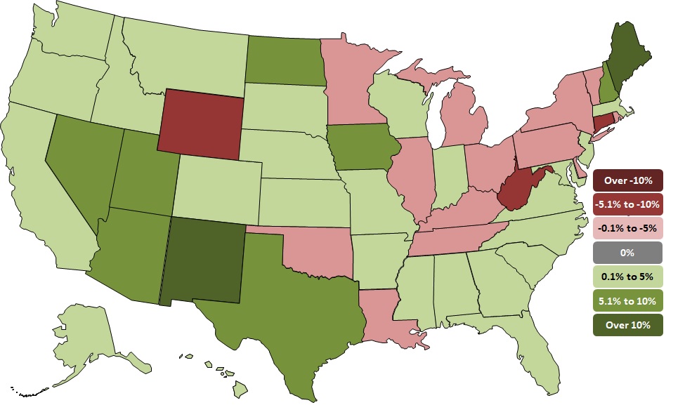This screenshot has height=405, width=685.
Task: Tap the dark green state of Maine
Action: point(627,56)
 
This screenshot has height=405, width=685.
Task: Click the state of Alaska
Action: point(91,337)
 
